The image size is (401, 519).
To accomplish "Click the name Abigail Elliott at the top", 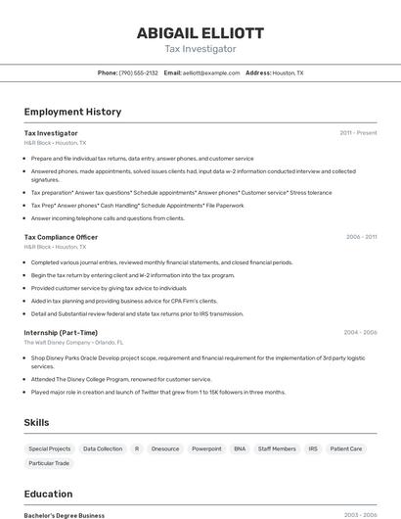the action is (200, 32).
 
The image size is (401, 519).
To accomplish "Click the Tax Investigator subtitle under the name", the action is (200, 48).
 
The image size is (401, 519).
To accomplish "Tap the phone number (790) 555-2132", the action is (138, 72).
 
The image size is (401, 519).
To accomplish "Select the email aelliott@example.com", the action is (211, 72).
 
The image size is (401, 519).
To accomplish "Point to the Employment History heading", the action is (72, 112).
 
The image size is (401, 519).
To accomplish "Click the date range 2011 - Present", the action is (358, 132).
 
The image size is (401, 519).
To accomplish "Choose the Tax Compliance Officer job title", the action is (61, 237).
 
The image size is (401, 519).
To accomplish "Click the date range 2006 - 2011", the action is (361, 237).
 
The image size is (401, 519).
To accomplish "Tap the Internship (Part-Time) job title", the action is (61, 332).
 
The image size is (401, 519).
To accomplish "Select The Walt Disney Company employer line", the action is (73, 343).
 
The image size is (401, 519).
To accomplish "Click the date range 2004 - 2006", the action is (360, 332).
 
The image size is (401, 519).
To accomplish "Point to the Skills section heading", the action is (37, 422).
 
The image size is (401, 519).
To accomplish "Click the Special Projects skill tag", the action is (49, 448).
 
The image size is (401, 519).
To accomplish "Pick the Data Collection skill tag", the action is (103, 448).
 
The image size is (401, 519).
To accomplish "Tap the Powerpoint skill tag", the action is (206, 448).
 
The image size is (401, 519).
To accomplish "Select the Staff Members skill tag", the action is (277, 448).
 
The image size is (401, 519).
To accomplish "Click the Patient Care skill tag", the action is (346, 448).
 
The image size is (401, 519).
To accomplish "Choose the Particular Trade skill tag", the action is (49, 463).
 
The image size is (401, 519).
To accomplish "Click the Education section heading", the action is (48, 494).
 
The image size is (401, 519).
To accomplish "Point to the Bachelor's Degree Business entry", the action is (65, 514).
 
